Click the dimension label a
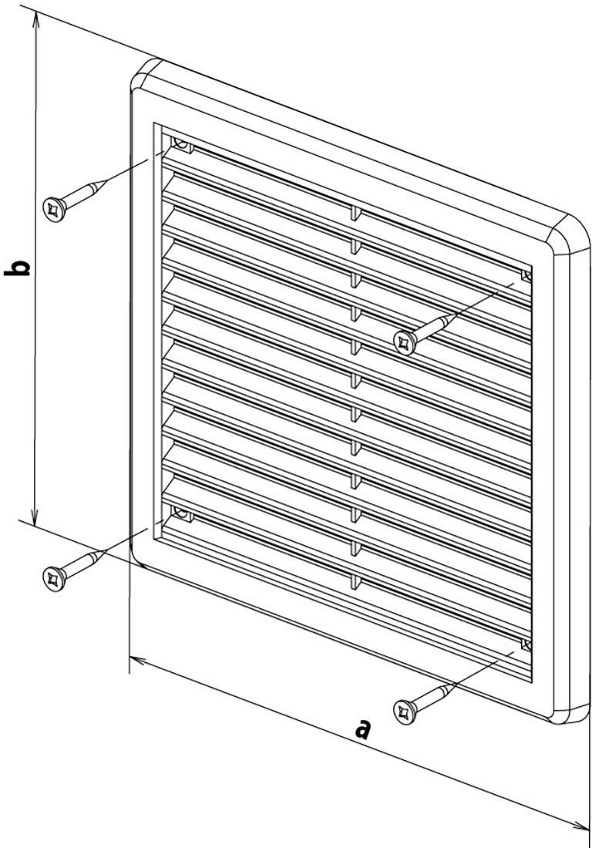(363, 729)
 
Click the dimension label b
(17, 268)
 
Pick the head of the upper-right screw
(405, 342)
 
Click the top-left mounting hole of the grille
(182, 144)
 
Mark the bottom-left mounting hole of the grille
(181, 513)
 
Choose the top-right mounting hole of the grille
(527, 276)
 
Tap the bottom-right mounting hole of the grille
(527, 644)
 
